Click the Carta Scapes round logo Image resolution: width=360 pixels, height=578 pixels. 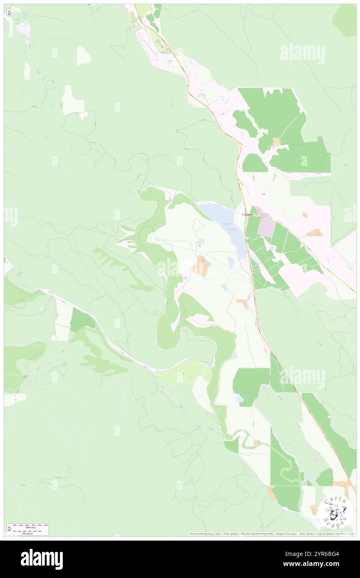coord(335,511)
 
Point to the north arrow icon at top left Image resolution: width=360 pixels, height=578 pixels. coord(9,13)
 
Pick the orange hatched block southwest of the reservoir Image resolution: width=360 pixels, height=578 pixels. coord(201,267)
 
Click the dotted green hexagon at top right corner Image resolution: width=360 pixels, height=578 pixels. coord(345,20)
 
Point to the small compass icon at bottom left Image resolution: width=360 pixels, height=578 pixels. coord(9,529)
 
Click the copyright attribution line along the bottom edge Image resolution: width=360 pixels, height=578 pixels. coord(270,534)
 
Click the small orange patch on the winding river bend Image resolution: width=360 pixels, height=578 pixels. coord(257,442)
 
